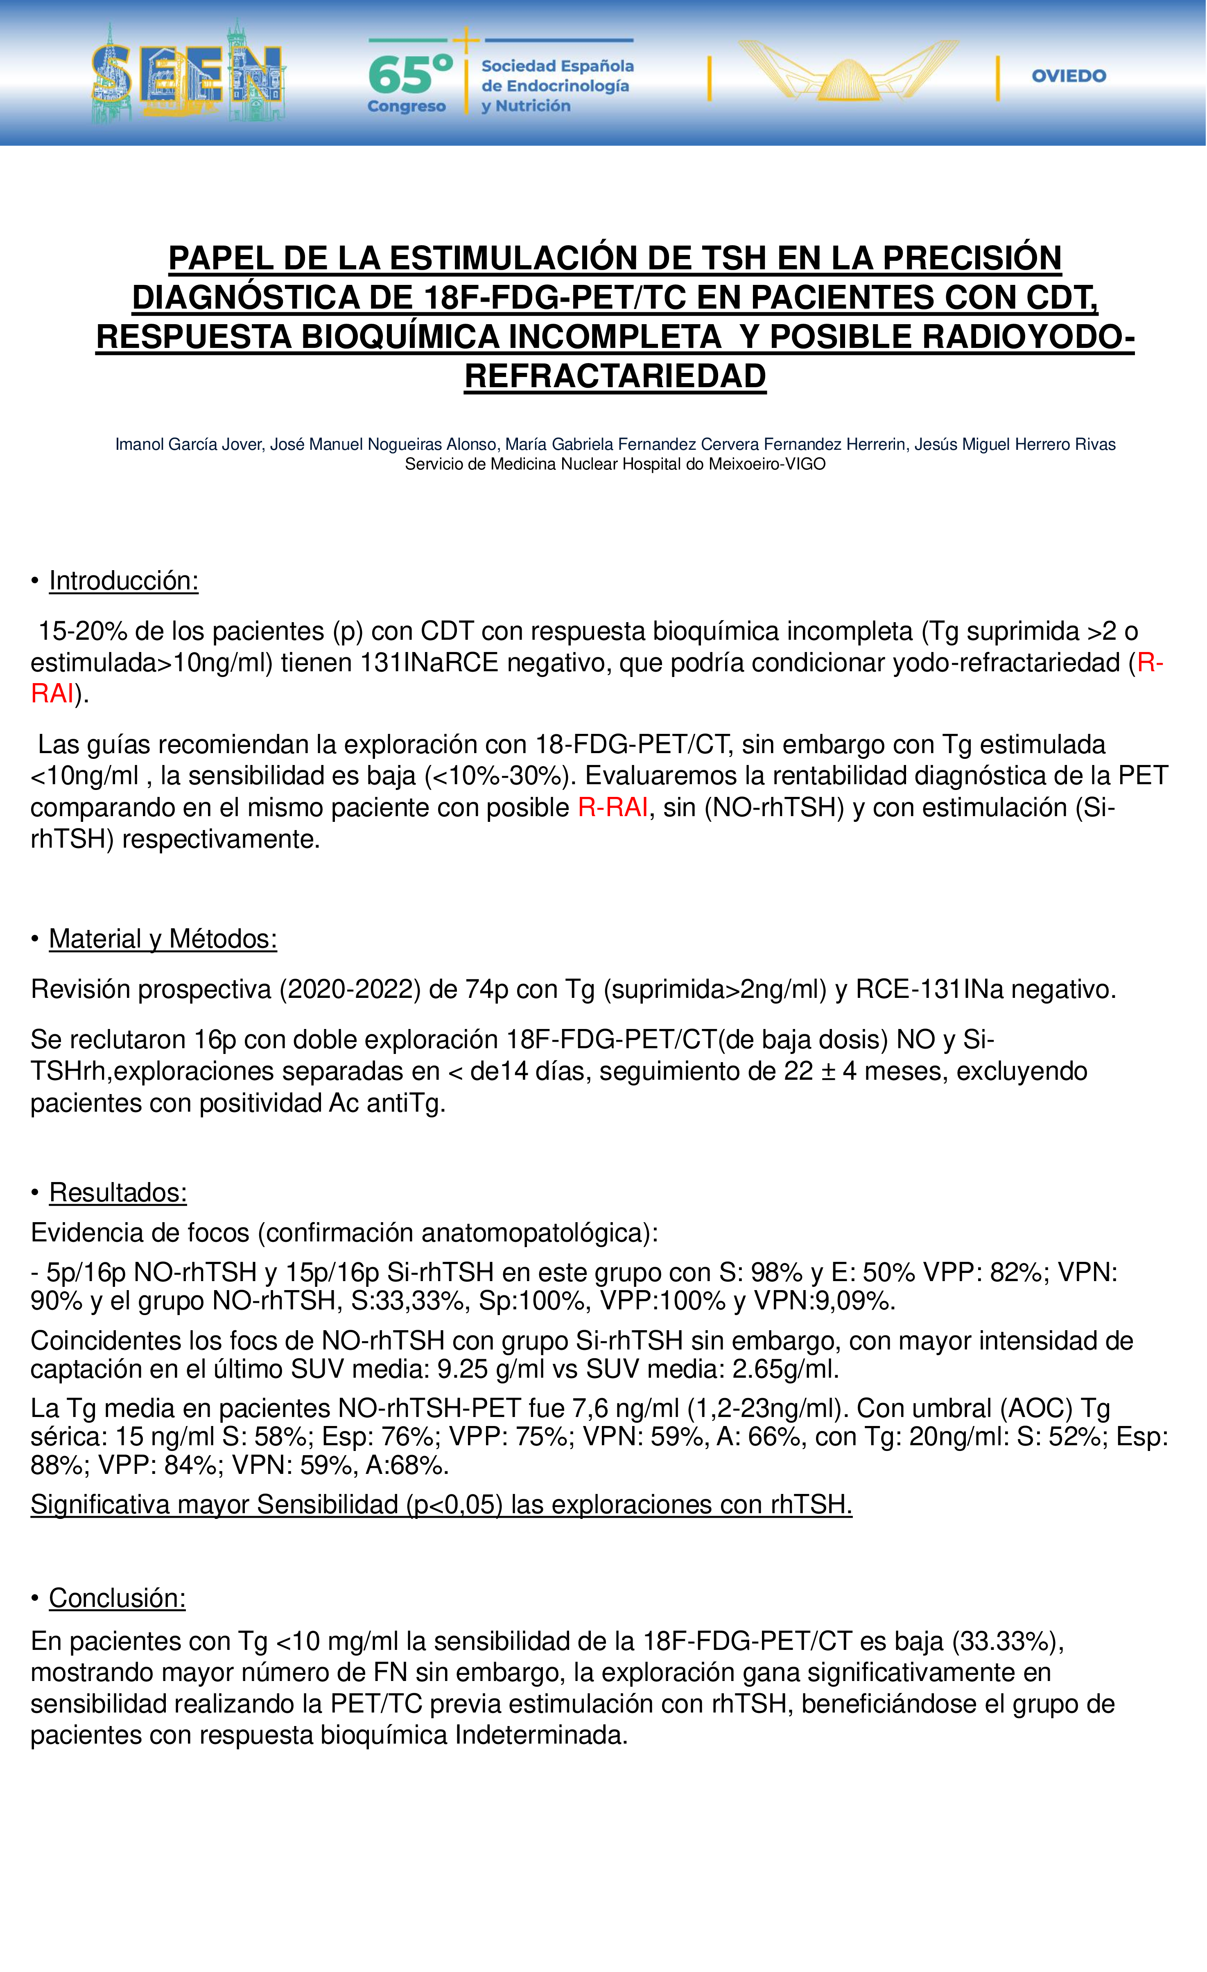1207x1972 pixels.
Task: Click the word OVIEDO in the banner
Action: pos(1069,76)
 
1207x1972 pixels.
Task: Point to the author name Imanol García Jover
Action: pos(189,444)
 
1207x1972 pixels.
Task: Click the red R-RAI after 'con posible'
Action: pos(613,808)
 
